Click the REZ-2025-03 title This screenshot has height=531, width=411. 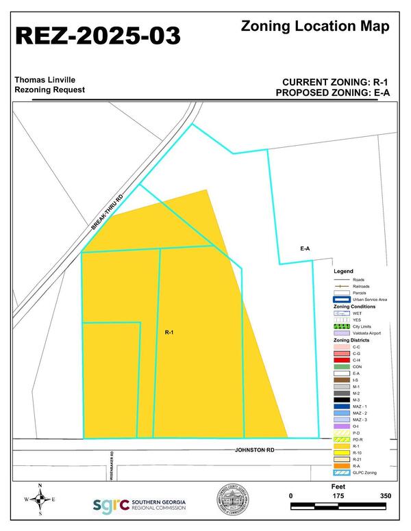pos(97,36)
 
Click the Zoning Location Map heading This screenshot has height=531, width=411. pos(316,27)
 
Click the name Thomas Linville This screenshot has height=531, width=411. pos(45,80)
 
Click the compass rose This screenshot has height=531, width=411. pos(40,499)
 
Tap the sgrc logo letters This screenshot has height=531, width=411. pos(110,505)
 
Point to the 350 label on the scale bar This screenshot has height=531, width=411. pos(384,495)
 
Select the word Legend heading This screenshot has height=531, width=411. pos(343,271)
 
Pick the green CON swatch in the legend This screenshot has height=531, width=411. pos(341,367)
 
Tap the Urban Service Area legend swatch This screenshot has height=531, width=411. pos(341,300)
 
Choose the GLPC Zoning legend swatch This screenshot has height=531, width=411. pos(341,472)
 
